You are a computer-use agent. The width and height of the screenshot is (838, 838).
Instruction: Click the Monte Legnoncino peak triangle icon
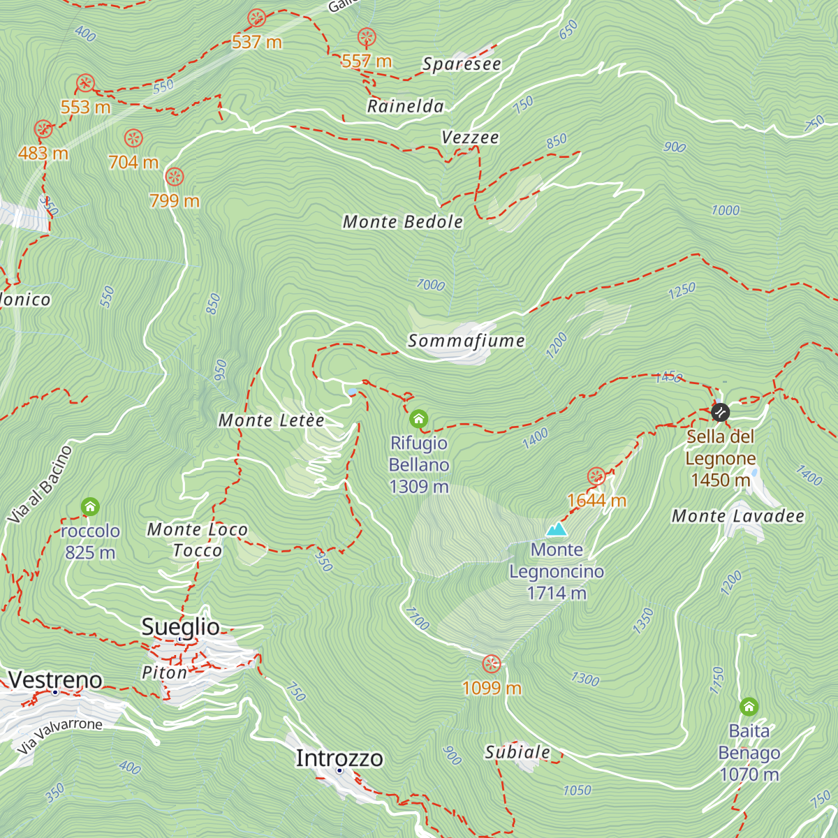coord(556,529)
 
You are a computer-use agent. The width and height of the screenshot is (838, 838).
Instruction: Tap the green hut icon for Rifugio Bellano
coord(418,419)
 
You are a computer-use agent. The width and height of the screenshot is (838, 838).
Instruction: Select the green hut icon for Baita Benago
coord(749,707)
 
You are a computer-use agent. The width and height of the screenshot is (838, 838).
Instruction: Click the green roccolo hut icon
coord(90,507)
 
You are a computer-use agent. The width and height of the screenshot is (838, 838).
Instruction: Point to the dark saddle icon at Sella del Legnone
coord(720,412)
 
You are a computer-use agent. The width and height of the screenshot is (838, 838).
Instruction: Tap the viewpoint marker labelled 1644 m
coord(596,477)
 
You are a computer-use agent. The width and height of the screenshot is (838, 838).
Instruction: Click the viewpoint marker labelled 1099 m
coord(492,663)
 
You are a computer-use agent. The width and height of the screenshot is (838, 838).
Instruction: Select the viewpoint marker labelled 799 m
coord(175,177)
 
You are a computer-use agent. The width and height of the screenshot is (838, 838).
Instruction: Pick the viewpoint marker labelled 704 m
coord(133,138)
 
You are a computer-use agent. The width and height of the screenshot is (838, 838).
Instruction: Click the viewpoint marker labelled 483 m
coord(43,129)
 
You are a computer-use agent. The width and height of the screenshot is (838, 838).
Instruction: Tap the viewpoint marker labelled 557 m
coord(367,38)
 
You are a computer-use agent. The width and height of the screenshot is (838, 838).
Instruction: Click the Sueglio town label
coord(180,626)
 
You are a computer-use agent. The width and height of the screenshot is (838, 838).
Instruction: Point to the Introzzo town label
coord(339,758)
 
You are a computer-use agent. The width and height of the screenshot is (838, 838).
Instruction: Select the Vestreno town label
coord(55,679)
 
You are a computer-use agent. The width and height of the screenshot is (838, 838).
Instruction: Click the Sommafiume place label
coord(466,341)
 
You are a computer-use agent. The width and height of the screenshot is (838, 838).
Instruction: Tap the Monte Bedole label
coord(403,222)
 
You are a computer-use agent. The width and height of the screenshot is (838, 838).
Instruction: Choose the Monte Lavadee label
coord(737,516)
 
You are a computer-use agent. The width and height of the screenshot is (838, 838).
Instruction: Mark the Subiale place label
coord(517,752)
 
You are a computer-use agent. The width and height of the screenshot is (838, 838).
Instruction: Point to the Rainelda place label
coord(406,106)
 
